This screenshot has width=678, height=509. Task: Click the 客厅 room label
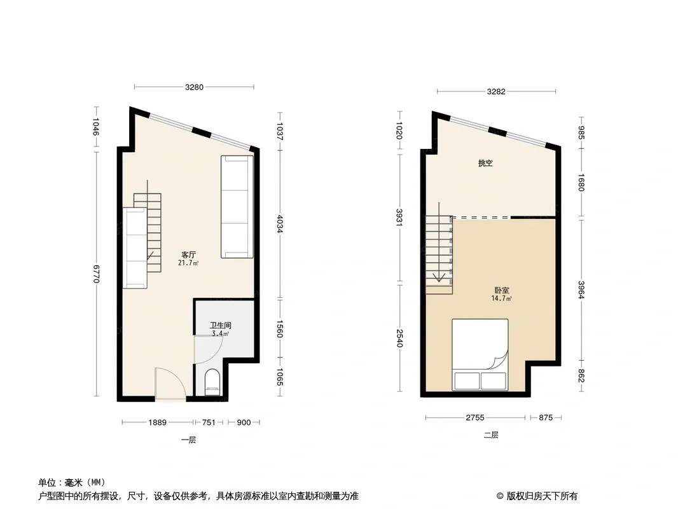(188, 254)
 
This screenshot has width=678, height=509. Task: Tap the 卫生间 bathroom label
(221, 325)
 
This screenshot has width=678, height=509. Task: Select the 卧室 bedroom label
(502, 291)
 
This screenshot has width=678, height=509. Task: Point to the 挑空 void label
(485, 163)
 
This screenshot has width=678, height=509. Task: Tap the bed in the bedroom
(480, 354)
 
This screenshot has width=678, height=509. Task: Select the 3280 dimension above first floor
(194, 87)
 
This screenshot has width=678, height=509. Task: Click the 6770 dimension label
(97, 274)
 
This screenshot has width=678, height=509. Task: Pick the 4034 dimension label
(280, 223)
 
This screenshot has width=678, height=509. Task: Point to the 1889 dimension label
(157, 422)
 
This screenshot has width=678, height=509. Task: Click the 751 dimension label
(209, 422)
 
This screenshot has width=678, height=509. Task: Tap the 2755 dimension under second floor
(474, 418)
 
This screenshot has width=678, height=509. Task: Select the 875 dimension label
(546, 418)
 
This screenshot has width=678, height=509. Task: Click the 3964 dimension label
(581, 289)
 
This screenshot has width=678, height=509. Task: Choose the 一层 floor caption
(188, 440)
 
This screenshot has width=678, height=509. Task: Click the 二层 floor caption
(491, 435)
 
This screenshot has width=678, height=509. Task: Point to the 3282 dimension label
(496, 92)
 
